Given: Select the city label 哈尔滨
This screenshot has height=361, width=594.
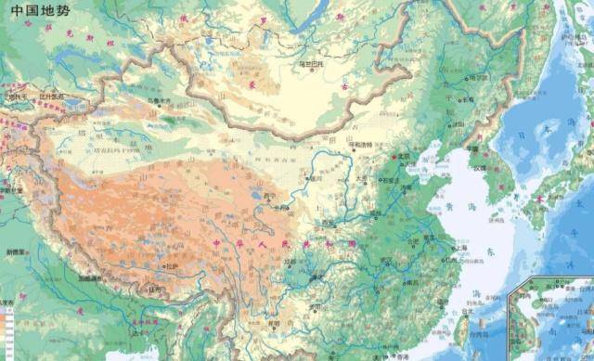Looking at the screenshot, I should [x=479, y=79].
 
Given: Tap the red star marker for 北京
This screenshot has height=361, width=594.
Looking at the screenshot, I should [x=394, y=157].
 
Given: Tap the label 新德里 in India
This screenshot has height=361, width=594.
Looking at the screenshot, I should [x=17, y=251].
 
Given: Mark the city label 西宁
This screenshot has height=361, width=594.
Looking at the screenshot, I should [x=270, y=197].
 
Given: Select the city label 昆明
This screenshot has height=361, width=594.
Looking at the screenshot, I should [x=274, y=325].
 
